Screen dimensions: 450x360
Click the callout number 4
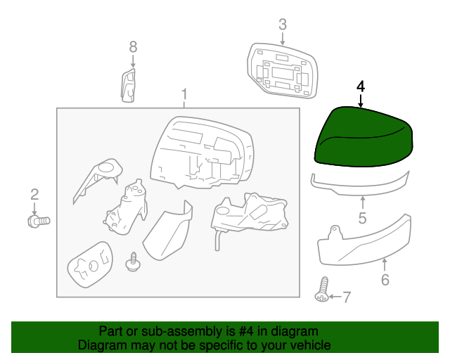coord(361,86)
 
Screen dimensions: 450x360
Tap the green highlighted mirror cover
coord(364,138)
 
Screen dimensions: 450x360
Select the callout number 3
coord(283,25)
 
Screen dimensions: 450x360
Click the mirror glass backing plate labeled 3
coord(283,70)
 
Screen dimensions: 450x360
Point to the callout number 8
coord(133,47)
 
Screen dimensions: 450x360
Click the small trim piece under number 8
coord(128,86)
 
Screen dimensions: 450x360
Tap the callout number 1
coord(184,94)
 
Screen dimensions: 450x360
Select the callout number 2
coord(34,195)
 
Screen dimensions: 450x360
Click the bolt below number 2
coord(39,221)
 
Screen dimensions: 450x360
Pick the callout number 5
coord(363,218)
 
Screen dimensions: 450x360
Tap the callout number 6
coord(385,280)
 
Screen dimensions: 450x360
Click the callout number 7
coord(347,297)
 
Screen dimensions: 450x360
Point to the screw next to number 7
coord(322,290)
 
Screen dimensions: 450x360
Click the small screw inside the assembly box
coord(132,262)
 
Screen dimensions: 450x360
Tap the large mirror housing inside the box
coord(202,153)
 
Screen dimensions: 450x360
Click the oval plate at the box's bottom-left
coord(91,264)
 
